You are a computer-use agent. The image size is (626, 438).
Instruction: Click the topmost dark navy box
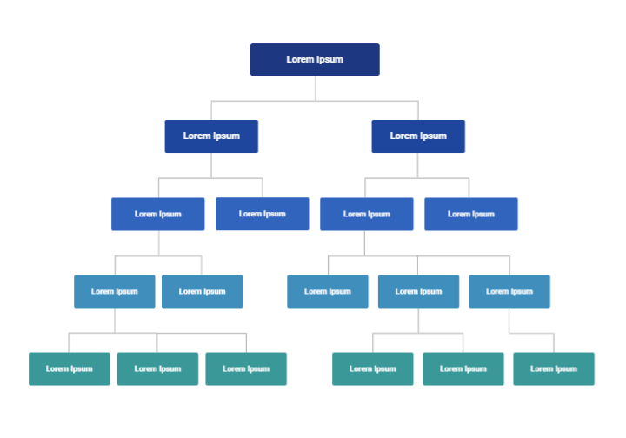[315, 60]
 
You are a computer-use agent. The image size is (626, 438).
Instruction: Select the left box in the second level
[211, 136]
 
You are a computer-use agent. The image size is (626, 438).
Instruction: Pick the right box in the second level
[418, 136]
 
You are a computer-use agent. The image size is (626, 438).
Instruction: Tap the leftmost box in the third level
[157, 214]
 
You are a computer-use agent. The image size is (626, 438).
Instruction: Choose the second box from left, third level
[262, 214]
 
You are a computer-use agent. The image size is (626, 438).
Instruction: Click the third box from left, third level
[366, 214]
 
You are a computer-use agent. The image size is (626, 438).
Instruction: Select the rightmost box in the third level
[470, 214]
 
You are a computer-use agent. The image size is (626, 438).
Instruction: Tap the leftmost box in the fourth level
[114, 291]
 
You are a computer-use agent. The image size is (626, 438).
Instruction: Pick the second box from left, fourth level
[202, 291]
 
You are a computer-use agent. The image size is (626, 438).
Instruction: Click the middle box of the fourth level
[327, 291]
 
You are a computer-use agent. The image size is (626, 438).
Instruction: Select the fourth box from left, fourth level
[418, 291]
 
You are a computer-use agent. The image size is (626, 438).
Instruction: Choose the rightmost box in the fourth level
[509, 291]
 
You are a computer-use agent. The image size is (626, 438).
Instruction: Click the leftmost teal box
[69, 368]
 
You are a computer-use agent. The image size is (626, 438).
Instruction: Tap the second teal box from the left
[157, 368]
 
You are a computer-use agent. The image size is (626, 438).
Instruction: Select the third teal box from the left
[246, 368]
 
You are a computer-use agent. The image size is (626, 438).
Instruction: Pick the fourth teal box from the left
[372, 368]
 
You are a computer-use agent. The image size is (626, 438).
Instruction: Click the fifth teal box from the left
[463, 368]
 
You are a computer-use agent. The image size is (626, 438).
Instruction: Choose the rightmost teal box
[553, 368]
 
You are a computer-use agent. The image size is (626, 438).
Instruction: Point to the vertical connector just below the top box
[315, 88]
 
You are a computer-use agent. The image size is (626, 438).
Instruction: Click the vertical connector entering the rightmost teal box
[554, 342]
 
